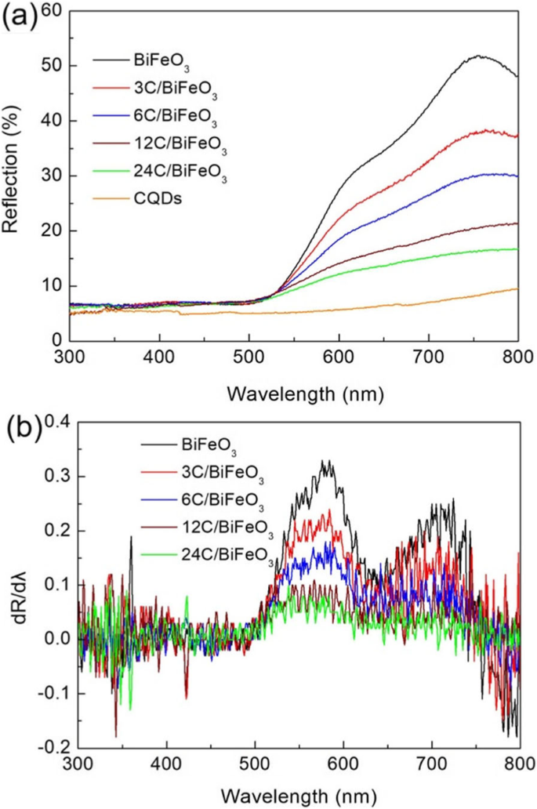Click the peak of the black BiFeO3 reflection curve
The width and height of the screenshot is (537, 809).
(x=478, y=56)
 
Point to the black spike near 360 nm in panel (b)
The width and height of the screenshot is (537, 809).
(x=131, y=538)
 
